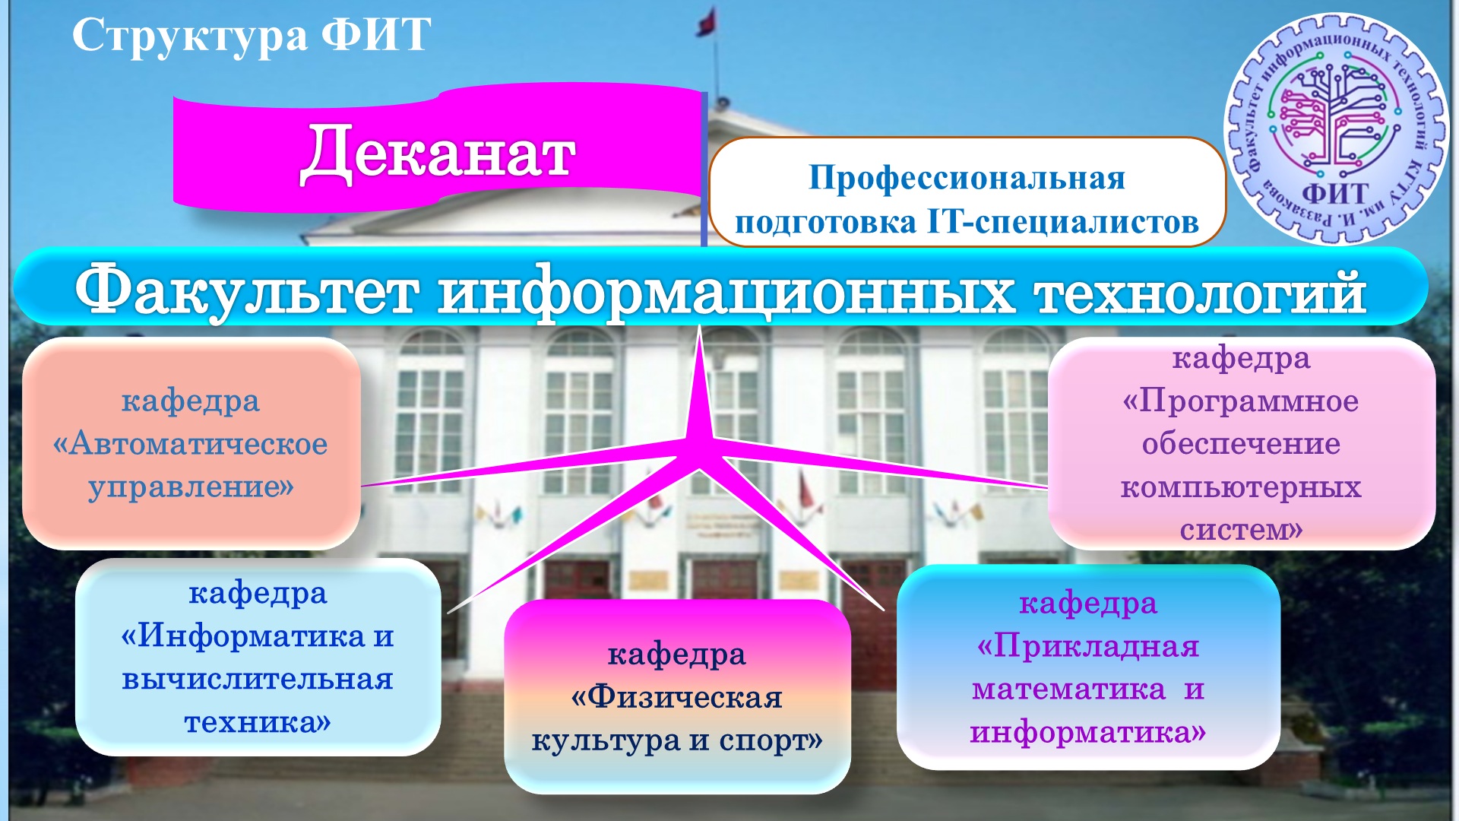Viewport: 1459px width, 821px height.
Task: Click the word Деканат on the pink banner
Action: tap(438, 153)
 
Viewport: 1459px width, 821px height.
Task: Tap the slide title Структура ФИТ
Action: tap(252, 35)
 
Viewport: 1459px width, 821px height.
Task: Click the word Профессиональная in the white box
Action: tap(967, 178)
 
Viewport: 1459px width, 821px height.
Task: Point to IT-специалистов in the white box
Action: tap(1063, 222)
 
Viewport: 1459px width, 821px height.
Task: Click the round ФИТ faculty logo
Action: tap(1336, 129)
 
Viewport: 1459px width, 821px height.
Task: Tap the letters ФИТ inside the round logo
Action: tap(1335, 195)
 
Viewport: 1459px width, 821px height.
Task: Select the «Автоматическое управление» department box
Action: tap(191, 443)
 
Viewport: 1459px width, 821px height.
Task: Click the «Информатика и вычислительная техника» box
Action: tap(258, 658)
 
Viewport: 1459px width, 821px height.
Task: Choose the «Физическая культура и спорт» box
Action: tap(677, 696)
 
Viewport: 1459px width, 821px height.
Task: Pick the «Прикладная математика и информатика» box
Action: tap(1088, 667)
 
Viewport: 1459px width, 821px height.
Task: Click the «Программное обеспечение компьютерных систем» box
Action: tap(1242, 443)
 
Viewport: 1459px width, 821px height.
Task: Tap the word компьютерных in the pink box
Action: tap(1241, 487)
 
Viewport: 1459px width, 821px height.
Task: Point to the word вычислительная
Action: tap(258, 679)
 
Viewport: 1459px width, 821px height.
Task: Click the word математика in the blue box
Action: tap(1068, 689)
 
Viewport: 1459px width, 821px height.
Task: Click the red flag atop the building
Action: tap(707, 22)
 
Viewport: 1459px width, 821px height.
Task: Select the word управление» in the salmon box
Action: tap(191, 487)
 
